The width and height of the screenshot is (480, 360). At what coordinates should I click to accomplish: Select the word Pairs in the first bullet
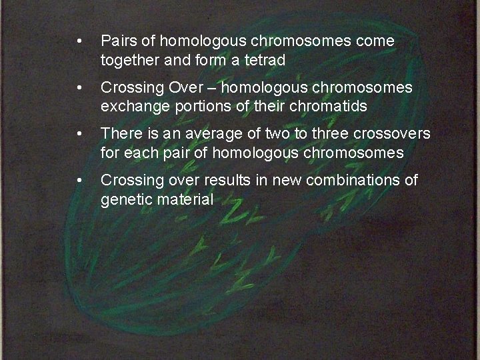[117, 41]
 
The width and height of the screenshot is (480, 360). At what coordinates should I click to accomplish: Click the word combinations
[356, 179]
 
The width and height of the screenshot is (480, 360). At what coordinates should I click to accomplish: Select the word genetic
[123, 199]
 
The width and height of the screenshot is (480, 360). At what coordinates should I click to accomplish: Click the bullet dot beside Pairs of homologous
[79, 41]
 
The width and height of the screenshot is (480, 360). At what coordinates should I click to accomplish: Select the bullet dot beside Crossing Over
[79, 88]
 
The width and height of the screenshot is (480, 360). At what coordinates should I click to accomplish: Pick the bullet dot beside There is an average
[79, 133]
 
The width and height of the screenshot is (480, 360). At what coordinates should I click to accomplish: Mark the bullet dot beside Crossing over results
[79, 179]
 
